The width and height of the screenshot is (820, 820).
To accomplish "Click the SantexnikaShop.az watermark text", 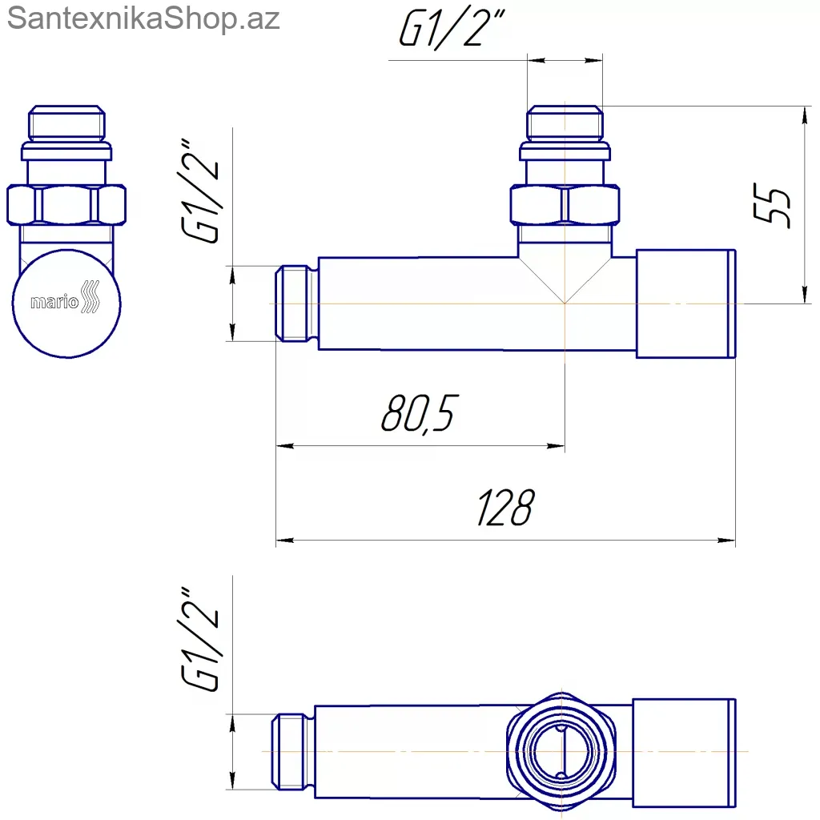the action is tap(143, 18).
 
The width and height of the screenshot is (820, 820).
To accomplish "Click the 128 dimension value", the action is tap(506, 507).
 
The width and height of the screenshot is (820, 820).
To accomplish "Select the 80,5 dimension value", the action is tap(420, 414).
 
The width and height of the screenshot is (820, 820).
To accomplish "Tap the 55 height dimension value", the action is tap(772, 205).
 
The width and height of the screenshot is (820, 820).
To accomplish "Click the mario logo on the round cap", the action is tap(66, 299).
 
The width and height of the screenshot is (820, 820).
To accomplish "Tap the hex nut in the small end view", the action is tap(66, 205).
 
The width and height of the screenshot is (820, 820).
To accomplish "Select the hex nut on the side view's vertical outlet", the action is tap(565, 205).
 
